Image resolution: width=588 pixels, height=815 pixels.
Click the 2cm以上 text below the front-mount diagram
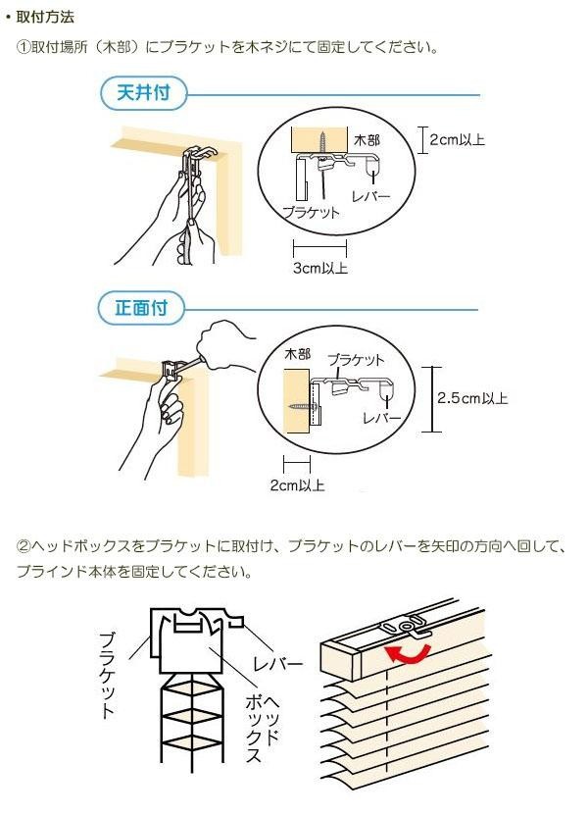[x=298, y=484]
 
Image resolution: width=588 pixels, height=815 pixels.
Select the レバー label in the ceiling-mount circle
[x=369, y=196]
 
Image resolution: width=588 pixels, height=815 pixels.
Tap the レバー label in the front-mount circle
[x=381, y=418]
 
